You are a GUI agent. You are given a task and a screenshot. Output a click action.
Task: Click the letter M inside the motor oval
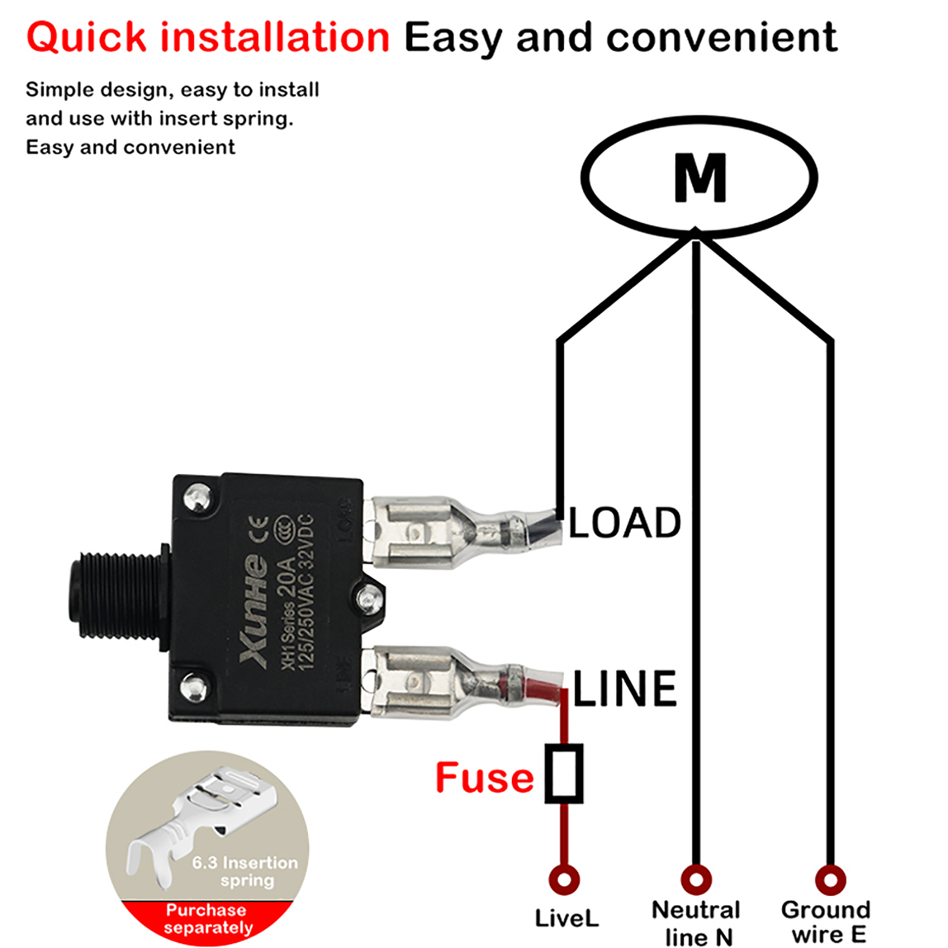700,178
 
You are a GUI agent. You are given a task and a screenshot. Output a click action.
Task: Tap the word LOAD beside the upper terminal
624,523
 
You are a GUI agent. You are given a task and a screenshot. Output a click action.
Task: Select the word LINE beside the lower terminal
624,688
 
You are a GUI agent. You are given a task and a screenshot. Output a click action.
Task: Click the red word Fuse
484,777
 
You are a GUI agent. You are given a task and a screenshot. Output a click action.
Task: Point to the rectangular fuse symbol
564,774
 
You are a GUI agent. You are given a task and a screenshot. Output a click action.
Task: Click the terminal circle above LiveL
564,879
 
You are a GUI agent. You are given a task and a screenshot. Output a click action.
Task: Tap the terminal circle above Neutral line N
696,879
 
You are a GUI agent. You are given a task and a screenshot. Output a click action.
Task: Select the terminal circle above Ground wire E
831,879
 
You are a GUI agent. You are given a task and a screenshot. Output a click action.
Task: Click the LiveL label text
566,918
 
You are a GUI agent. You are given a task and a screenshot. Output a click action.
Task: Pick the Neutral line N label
697,923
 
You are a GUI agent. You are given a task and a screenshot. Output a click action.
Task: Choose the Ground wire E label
827,922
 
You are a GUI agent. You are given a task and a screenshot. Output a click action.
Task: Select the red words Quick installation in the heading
208,37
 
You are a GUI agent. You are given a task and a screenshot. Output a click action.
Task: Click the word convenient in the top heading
722,37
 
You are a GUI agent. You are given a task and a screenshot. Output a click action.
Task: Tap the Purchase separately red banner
207,918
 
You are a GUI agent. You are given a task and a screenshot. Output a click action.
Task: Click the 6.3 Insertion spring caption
245,871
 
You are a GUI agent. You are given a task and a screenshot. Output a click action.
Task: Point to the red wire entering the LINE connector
542,688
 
